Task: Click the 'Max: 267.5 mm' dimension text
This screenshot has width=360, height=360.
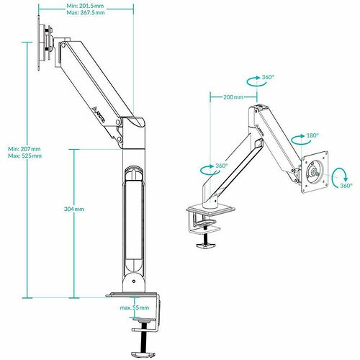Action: pos(86,12)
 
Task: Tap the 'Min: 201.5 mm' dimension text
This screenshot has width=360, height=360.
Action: pos(85,6)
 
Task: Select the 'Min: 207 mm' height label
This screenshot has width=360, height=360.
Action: pos(24,149)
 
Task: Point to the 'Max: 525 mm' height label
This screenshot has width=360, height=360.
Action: pos(24,156)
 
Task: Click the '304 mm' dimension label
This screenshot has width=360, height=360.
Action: pos(74,209)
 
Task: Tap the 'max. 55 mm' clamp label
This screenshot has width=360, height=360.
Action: pos(135,307)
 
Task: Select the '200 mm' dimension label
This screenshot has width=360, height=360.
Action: pos(233,97)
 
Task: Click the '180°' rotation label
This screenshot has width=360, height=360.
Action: pos(312,135)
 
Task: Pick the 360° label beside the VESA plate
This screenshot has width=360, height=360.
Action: pos(346,186)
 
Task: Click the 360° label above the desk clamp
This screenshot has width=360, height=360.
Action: pos(221,166)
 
